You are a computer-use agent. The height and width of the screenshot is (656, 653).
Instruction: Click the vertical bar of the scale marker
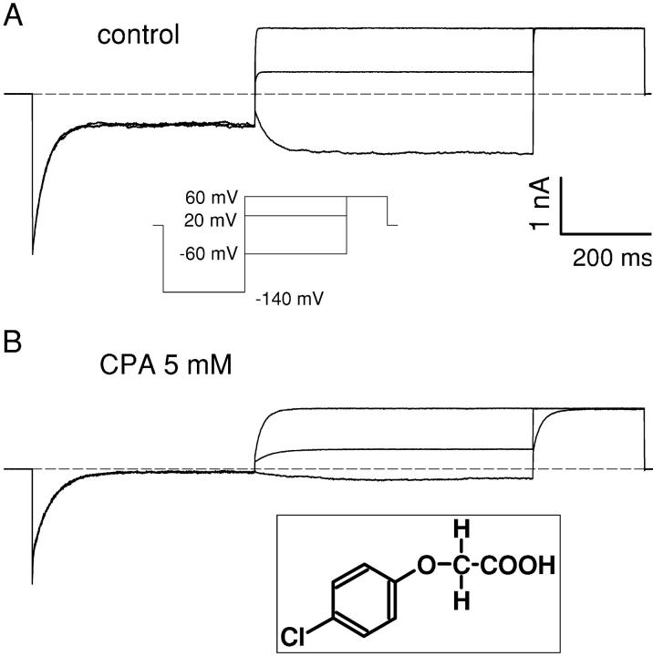pos(560,207)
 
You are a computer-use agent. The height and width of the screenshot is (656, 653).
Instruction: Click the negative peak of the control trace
pos(34,254)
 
